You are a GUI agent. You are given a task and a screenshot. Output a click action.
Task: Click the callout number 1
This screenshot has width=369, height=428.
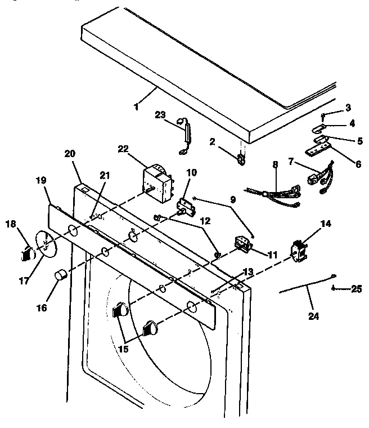pos(136,104)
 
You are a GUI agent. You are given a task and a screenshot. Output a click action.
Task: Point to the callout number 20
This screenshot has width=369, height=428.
pos(70,153)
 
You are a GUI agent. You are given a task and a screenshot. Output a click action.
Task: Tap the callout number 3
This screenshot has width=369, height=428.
pos(348,107)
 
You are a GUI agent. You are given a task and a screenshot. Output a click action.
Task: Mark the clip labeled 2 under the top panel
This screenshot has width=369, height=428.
pos(241,160)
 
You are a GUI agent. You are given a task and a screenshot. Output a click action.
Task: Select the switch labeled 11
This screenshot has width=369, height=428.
pos(242,243)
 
